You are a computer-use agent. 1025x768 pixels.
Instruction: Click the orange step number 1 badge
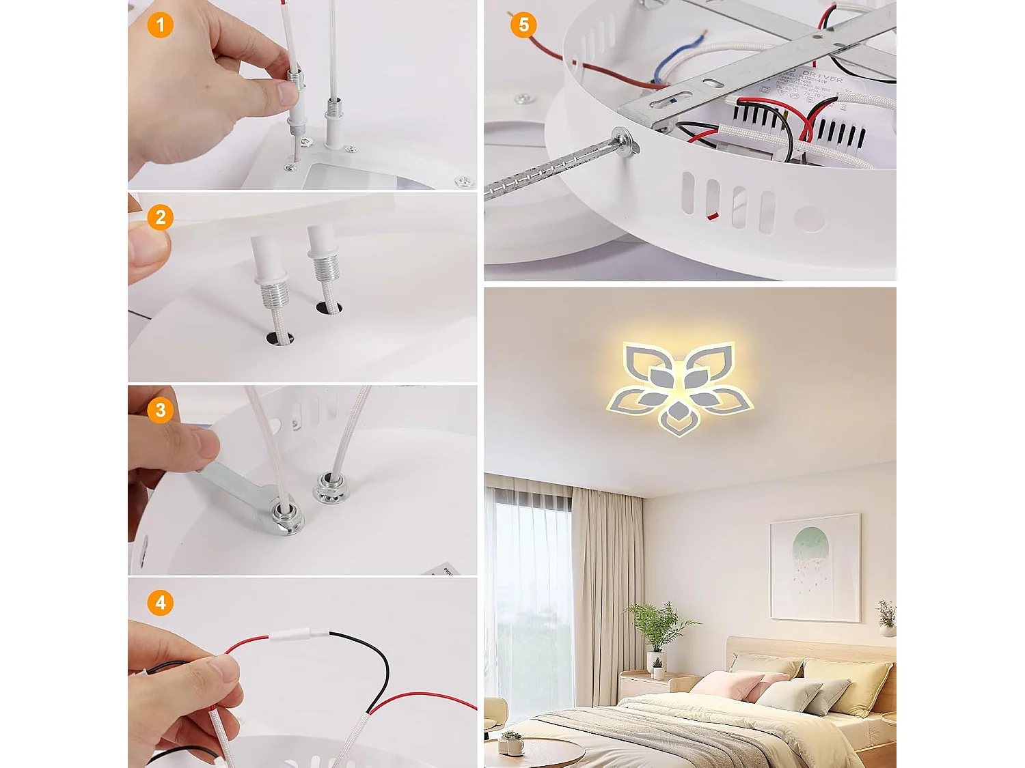click(x=161, y=25)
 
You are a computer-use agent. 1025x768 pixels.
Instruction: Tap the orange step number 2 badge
click(x=161, y=218)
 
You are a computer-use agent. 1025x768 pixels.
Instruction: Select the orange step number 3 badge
click(x=161, y=410)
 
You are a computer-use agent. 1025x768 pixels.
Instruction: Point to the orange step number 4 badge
click(x=161, y=603)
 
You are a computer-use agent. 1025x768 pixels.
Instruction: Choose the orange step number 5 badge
click(x=523, y=25)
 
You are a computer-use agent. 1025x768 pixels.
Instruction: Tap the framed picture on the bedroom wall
click(x=815, y=567)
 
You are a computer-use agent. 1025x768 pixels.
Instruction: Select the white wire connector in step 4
click(x=299, y=635)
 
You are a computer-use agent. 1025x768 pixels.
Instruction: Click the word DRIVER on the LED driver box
click(x=823, y=75)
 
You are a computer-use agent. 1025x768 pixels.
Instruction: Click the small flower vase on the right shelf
click(x=886, y=618)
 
